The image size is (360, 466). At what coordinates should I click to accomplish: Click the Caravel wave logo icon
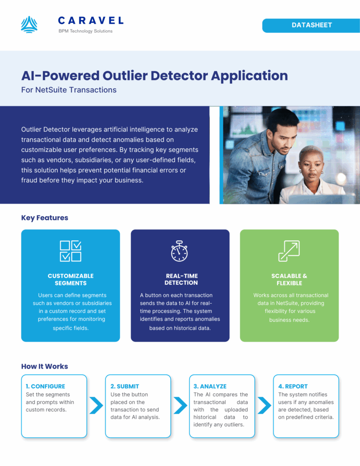pos(29,25)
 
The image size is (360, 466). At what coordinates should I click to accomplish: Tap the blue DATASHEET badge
pos(311,25)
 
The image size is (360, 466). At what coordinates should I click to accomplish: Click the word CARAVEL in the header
pos(91,20)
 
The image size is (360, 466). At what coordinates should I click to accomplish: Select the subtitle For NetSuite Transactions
pos(69,90)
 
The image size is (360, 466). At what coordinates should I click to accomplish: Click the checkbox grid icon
pos(71,251)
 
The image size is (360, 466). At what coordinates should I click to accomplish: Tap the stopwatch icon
pos(179,251)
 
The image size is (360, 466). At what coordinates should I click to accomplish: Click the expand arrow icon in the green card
pos(289,251)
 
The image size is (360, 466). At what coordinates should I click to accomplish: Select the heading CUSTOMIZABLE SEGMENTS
pos(71,279)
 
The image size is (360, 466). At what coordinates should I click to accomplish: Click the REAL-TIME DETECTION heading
pos(181,279)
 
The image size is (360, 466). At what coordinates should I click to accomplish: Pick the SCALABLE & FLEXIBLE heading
pos(289,279)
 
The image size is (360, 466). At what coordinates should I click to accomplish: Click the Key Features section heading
pos(45,218)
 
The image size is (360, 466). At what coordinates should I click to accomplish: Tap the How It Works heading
pos(45,366)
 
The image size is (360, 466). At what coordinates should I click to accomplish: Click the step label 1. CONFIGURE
pos(45,386)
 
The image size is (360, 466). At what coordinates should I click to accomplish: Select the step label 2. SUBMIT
pos(125,386)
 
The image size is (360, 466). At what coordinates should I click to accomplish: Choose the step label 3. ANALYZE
pos(210,386)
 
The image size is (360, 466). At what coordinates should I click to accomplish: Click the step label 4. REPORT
pos(293,386)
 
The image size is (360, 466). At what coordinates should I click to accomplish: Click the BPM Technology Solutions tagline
pos(86,31)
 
